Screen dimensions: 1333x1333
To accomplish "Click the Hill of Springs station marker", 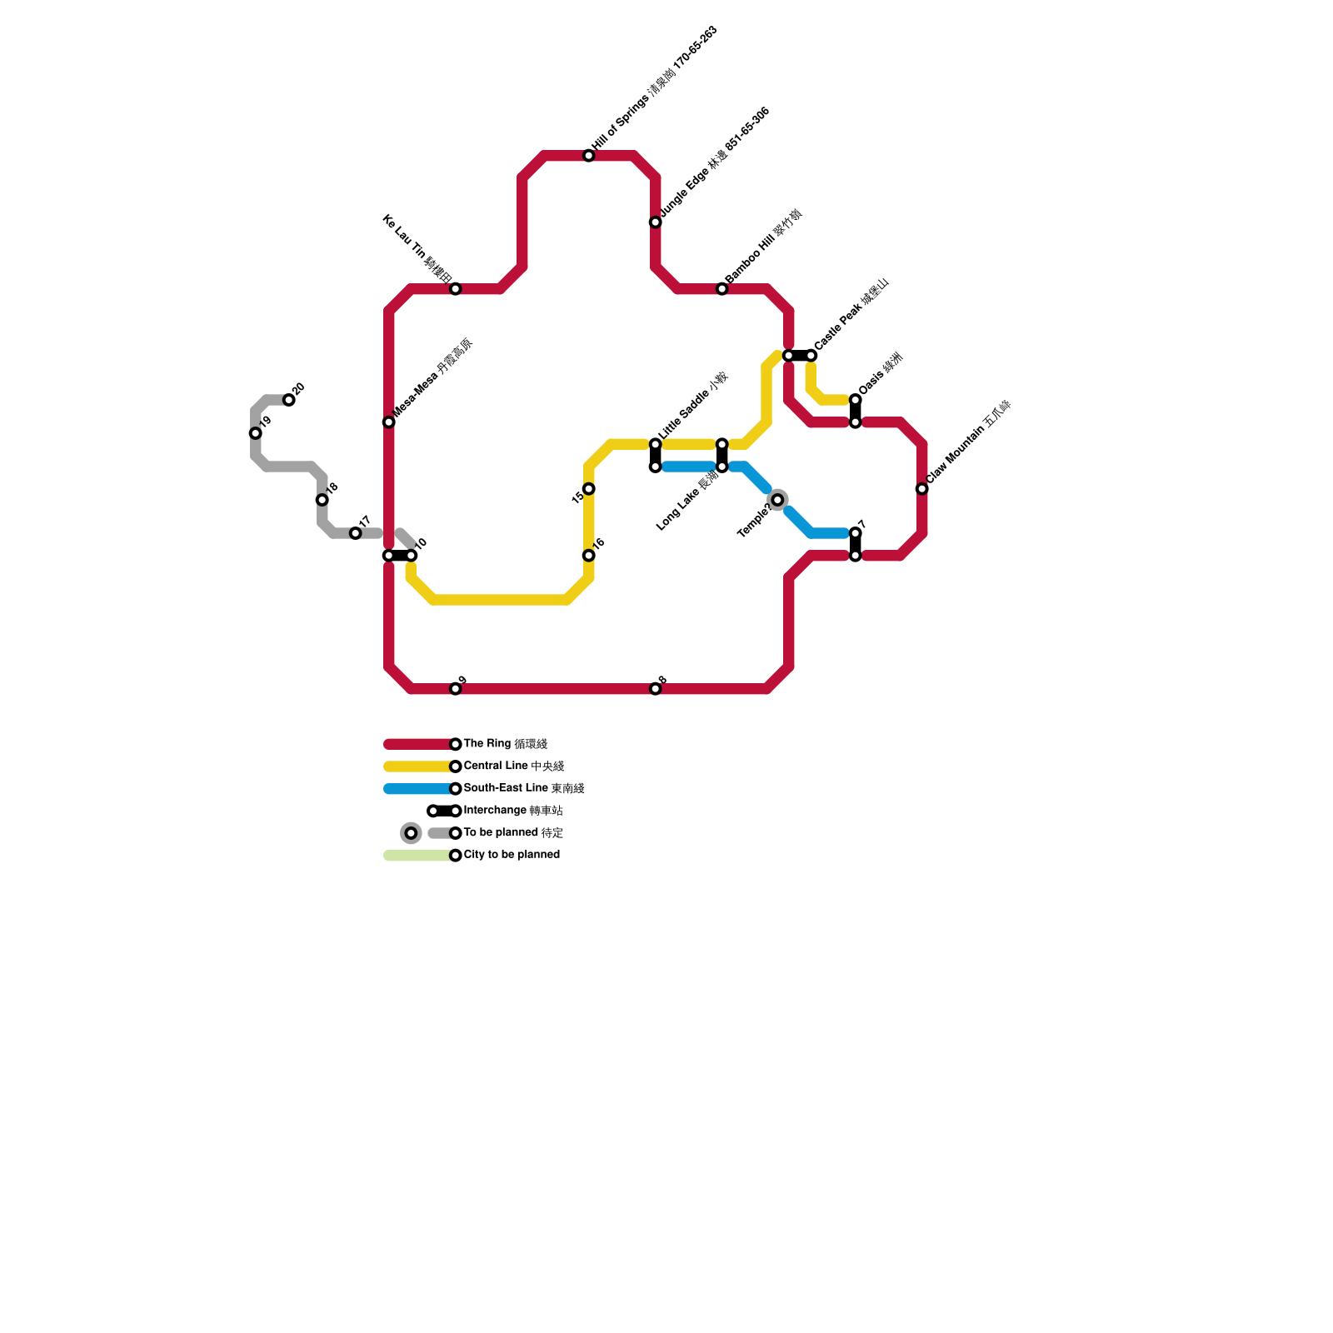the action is pos(588,156).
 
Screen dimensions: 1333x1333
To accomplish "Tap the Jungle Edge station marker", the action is pos(656,222).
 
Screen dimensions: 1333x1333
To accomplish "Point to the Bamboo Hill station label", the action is pos(762,247).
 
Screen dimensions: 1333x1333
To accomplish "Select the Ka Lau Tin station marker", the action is pos(455,289).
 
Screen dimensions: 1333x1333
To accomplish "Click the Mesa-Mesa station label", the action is pos(432,379).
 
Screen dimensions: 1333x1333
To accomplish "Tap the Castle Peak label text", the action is pos(851,314).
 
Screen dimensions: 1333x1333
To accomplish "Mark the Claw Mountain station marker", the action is pos(921,489).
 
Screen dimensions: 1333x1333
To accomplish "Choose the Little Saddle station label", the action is pos(693,406).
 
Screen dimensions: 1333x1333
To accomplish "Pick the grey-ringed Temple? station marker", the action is pos(777,500).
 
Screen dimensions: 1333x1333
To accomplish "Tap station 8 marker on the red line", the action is pos(656,689).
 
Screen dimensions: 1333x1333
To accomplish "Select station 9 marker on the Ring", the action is pos(455,689).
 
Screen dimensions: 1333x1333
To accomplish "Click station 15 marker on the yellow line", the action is pos(589,489).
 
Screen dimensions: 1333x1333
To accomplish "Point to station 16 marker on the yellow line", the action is pos(589,556).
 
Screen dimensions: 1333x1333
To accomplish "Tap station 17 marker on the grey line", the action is pos(355,533).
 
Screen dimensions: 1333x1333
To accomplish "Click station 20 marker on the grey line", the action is pos(288,400).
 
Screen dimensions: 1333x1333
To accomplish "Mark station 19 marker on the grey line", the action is pos(255,433).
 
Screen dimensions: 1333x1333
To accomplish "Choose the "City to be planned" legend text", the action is pos(512,855).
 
